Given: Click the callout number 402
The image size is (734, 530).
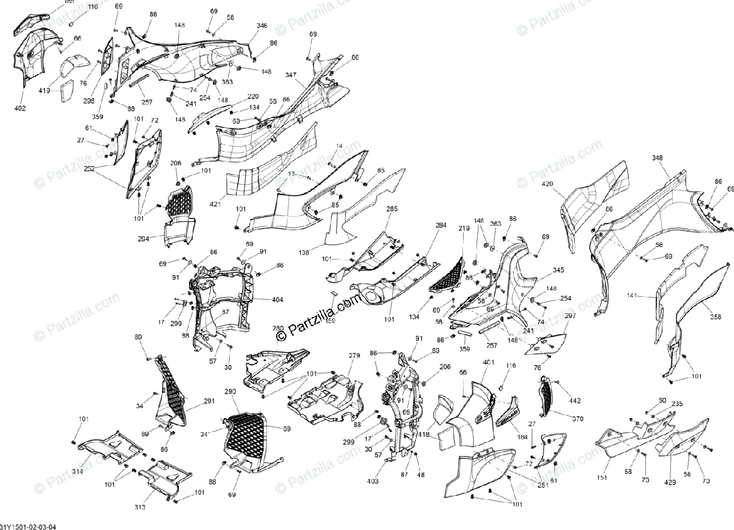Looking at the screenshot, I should tap(20, 109).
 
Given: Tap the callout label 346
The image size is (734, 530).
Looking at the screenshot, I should tap(262, 26).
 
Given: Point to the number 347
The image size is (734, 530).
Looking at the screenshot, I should tap(291, 75).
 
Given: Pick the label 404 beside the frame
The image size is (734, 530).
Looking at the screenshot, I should tap(278, 300).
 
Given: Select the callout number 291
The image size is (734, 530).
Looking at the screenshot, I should tap(209, 401).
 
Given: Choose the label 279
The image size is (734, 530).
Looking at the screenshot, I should tap(354, 356).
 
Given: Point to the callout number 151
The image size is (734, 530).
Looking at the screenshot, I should tap(602, 479).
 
